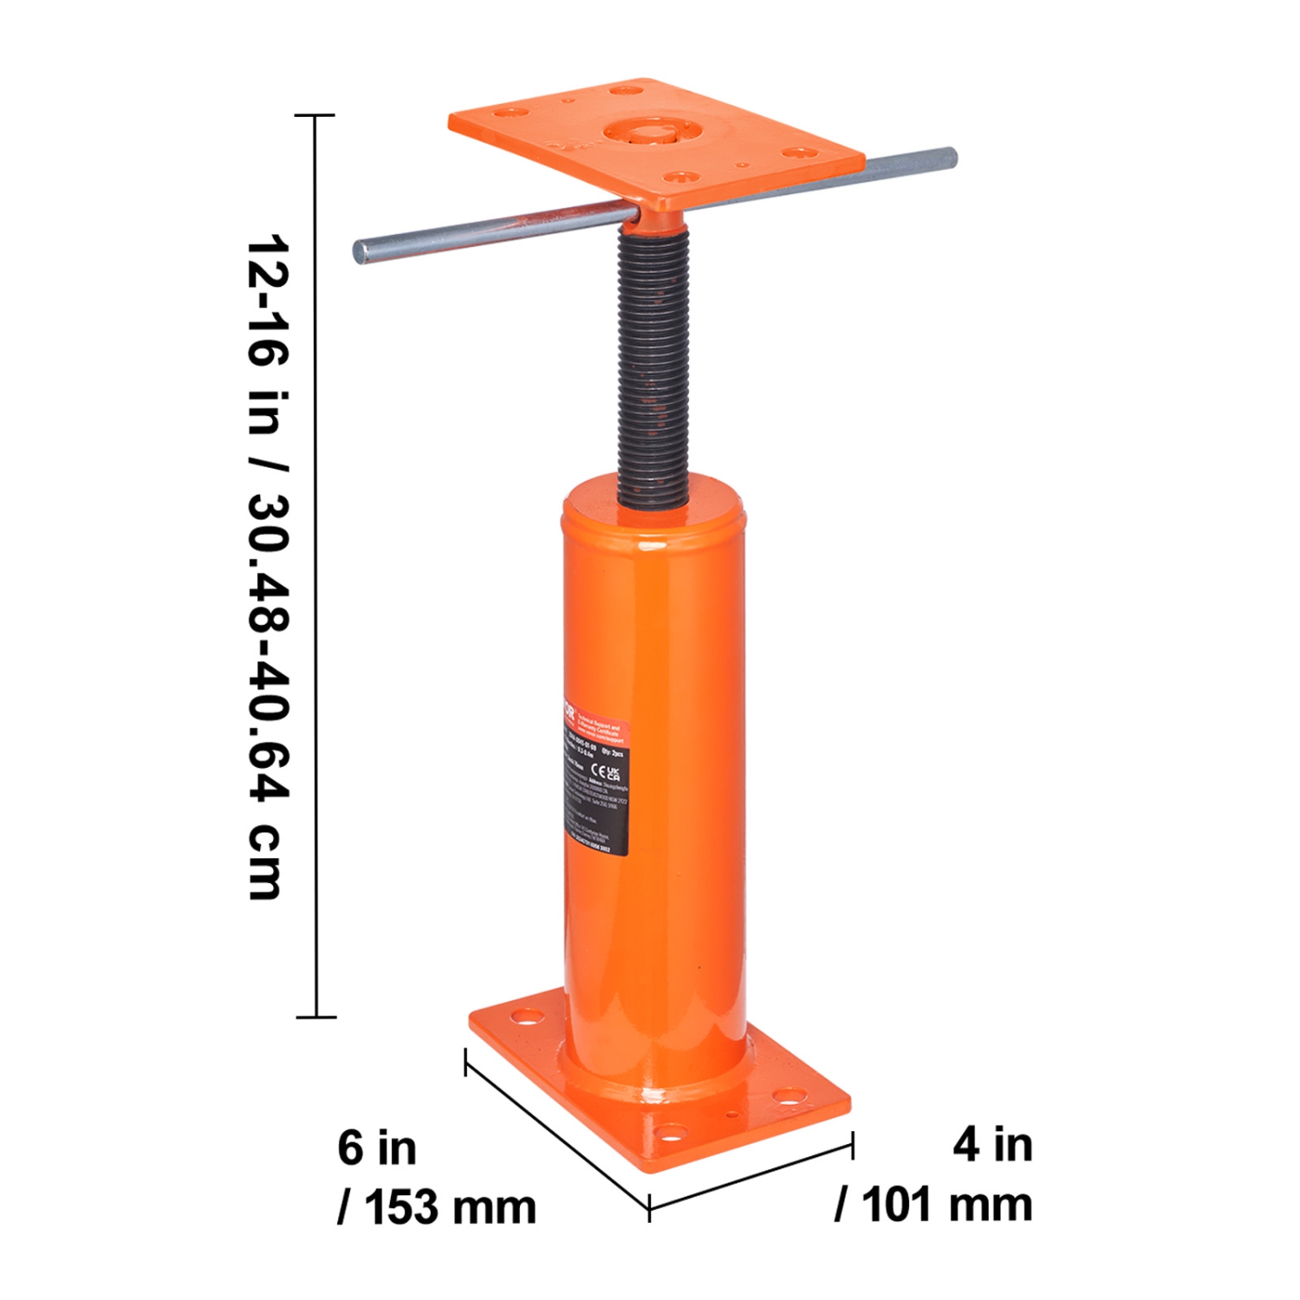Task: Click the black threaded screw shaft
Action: coord(654,364)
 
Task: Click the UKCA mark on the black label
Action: coord(614,773)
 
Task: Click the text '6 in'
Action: coord(377,1147)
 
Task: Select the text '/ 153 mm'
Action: coord(437,1206)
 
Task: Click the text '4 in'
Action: coord(993,1144)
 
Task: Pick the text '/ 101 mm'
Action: coord(934,1204)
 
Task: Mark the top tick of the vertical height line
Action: coord(315,114)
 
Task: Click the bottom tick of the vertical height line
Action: coord(315,1017)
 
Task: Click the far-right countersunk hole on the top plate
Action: coord(796,153)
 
